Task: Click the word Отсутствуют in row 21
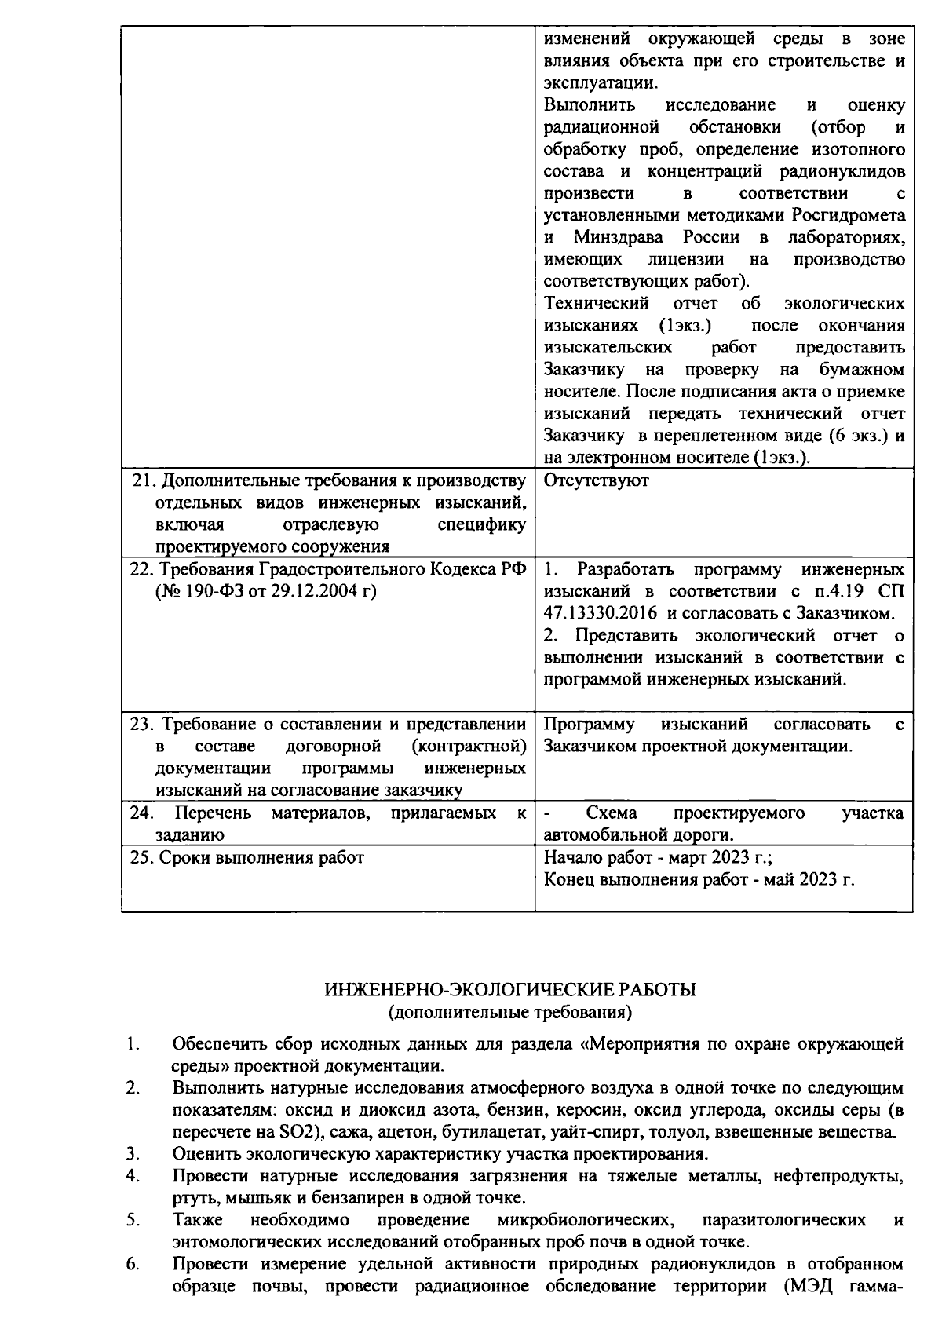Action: [x=596, y=480]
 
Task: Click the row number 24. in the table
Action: [x=141, y=813]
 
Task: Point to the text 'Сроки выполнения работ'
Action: [x=261, y=857]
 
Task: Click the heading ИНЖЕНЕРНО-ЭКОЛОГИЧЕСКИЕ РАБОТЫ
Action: [x=510, y=990]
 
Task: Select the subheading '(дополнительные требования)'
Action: [x=510, y=1012]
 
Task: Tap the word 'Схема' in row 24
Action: [x=612, y=813]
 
